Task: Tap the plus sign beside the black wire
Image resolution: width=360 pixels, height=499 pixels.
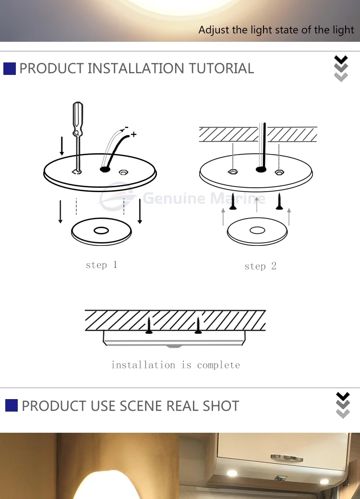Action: (x=133, y=134)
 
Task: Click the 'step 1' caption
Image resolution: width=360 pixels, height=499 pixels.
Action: (x=101, y=265)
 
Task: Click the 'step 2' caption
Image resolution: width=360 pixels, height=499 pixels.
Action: (x=260, y=266)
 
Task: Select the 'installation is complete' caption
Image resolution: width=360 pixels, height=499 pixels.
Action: (x=175, y=365)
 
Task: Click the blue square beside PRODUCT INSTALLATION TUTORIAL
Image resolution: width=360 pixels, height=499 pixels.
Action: (x=10, y=69)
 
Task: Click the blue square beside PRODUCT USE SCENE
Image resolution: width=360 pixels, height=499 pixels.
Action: (x=12, y=406)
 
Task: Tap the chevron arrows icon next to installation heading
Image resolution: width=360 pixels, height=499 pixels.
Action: (x=341, y=69)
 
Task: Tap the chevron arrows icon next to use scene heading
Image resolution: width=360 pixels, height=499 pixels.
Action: (x=343, y=405)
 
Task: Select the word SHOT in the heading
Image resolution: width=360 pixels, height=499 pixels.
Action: (x=221, y=406)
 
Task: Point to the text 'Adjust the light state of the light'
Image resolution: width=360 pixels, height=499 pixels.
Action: (x=276, y=30)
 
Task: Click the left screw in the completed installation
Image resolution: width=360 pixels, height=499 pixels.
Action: (x=149, y=326)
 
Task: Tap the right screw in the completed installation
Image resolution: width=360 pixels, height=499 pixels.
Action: (x=198, y=326)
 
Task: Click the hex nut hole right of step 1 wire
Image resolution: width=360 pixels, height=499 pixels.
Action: (x=123, y=170)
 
